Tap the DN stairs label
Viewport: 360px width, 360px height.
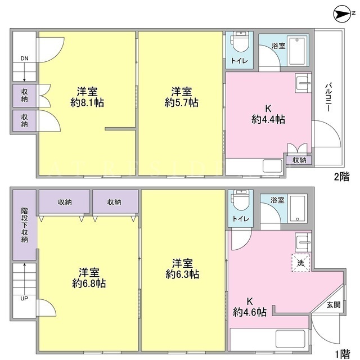[x=24, y=58]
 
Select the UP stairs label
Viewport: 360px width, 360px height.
[x=24, y=299]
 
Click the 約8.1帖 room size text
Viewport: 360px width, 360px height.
[x=87, y=102]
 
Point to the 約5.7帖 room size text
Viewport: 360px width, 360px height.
[x=181, y=102]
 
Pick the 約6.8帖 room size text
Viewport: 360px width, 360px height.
[x=89, y=283]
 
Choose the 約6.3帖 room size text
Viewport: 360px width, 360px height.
[x=182, y=274]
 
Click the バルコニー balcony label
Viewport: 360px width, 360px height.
[x=328, y=97]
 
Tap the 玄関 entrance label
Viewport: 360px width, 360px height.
[x=334, y=305]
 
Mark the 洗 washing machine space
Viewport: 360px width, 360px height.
[x=301, y=263]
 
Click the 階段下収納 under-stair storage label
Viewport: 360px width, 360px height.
[x=24, y=225]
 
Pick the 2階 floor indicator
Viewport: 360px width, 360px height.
[x=341, y=177]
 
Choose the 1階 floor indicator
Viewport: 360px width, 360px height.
[x=342, y=354]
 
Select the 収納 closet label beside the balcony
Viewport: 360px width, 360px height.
[x=299, y=160]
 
